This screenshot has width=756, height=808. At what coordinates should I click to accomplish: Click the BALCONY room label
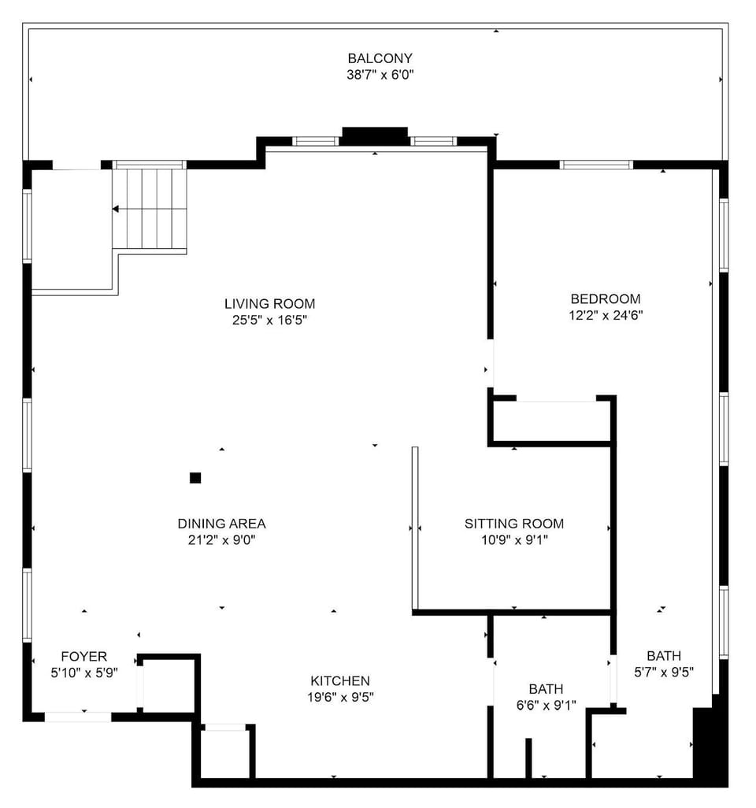[x=380, y=58]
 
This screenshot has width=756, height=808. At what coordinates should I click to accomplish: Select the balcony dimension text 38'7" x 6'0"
[x=380, y=76]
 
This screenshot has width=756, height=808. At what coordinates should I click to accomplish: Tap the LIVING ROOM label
[x=269, y=303]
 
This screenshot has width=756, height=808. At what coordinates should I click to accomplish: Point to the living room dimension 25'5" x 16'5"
[x=269, y=321]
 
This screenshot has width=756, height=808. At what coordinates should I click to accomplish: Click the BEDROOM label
[x=605, y=298]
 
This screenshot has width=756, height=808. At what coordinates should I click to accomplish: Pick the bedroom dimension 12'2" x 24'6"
[x=605, y=316]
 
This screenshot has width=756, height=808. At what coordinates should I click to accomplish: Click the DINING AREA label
[x=221, y=524]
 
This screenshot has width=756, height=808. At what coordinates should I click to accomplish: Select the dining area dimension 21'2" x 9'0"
[x=221, y=541]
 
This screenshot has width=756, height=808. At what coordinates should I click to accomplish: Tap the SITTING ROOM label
[x=513, y=524]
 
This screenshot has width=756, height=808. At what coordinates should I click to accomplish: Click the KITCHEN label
[x=339, y=681]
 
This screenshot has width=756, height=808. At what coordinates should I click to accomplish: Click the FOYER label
[x=83, y=657]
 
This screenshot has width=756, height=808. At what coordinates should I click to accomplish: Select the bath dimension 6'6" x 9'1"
[x=546, y=706]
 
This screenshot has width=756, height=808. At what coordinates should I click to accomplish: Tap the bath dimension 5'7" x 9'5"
[x=663, y=673]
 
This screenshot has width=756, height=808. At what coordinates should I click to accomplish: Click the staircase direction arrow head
[x=116, y=209]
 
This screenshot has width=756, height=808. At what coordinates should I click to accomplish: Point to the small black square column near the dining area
[x=195, y=477]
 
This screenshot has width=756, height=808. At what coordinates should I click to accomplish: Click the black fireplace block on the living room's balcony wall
[x=374, y=136]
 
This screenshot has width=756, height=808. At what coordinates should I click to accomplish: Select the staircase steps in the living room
[x=150, y=209]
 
